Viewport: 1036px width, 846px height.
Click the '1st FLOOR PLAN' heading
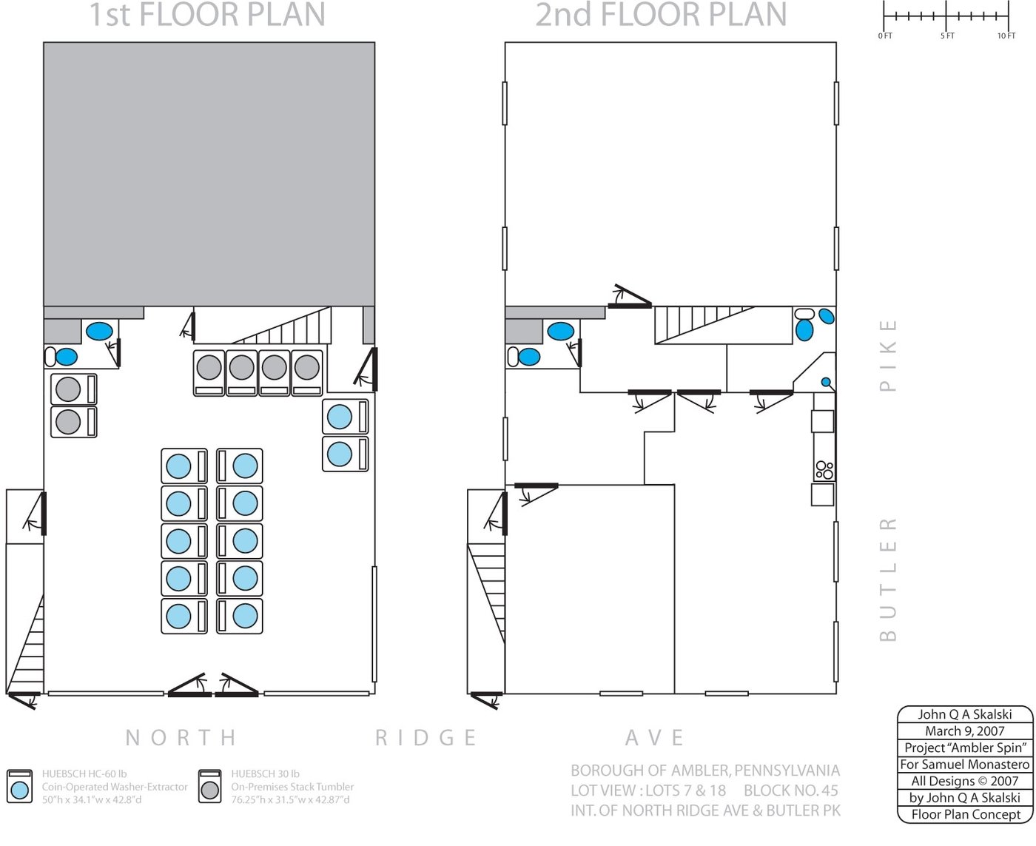206,15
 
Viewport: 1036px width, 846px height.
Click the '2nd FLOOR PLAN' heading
661,15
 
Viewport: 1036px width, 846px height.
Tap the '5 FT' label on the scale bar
947,36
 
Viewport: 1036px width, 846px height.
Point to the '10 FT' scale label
1006,36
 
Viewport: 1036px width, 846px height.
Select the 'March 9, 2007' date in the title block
965,731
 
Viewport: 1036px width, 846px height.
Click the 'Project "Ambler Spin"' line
965,748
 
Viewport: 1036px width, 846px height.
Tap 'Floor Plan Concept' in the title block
966,815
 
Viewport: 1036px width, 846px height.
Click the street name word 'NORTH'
181,737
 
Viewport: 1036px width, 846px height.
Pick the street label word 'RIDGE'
426,737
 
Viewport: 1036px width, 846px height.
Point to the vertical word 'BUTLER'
888,580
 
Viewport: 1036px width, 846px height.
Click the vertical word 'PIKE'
888,355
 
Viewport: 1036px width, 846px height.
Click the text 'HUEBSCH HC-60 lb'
84,773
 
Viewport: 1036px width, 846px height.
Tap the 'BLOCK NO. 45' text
791,790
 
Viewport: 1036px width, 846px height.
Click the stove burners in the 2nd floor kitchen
824,470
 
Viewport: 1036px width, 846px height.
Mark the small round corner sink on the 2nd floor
826,382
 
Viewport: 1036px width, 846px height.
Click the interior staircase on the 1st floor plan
281,325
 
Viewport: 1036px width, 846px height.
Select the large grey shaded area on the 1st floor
209,175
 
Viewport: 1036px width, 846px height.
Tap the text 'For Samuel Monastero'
965,765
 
